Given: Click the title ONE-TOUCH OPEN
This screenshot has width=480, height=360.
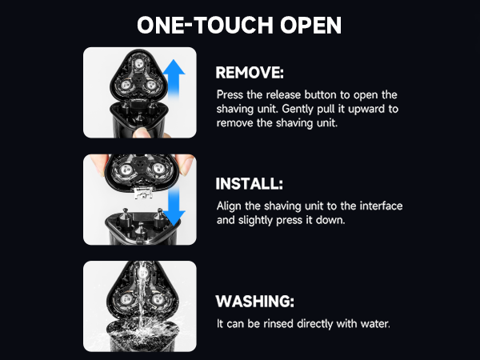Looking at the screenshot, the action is coord(239,25).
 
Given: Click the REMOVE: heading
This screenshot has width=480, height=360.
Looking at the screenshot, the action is coord(250,73).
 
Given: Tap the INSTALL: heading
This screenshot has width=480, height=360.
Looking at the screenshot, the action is coord(249,184).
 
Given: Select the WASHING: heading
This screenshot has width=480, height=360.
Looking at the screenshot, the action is coord(254,302).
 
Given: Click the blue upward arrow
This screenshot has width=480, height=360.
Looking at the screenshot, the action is coord(174,78).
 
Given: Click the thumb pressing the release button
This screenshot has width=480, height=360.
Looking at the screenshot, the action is coord(142,133).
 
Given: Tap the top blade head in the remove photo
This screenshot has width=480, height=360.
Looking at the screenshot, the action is coord(138,64).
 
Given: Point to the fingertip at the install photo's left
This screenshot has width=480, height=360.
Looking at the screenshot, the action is coord(98,164).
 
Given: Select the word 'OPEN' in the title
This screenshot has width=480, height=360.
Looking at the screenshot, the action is coord(310,25).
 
